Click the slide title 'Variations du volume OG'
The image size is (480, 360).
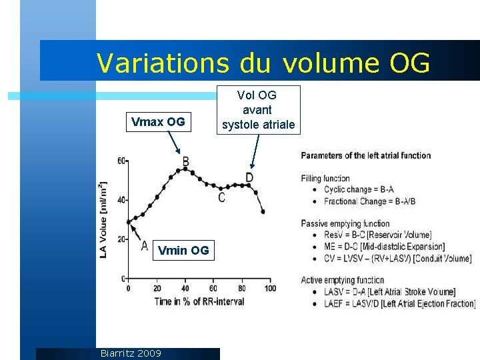(263, 63)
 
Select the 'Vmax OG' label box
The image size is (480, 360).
(158, 122)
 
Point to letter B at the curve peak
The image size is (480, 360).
(185, 161)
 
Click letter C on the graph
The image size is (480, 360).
(221, 197)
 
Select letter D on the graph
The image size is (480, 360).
(249, 177)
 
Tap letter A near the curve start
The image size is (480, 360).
(144, 246)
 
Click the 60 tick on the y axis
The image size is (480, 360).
(121, 161)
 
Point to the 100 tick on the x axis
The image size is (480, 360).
(270, 288)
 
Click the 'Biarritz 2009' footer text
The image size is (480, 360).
(130, 353)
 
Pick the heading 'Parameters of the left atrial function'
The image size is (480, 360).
(366, 155)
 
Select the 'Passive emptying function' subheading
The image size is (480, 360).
(345, 223)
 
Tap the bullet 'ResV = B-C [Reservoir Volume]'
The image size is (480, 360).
(377, 235)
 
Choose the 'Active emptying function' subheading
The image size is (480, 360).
(342, 280)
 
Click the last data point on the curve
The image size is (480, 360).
(263, 212)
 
